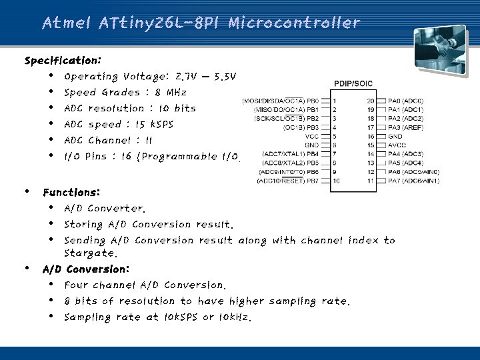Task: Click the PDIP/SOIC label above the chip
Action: click(x=353, y=83)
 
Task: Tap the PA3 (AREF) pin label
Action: click(x=404, y=127)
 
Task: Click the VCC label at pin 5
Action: click(x=311, y=135)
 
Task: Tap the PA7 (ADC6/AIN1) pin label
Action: click(x=412, y=181)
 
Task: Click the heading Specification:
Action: click(x=63, y=61)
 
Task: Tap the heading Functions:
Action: click(x=71, y=193)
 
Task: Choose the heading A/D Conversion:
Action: click(x=85, y=270)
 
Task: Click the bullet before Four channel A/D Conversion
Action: click(x=51, y=285)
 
